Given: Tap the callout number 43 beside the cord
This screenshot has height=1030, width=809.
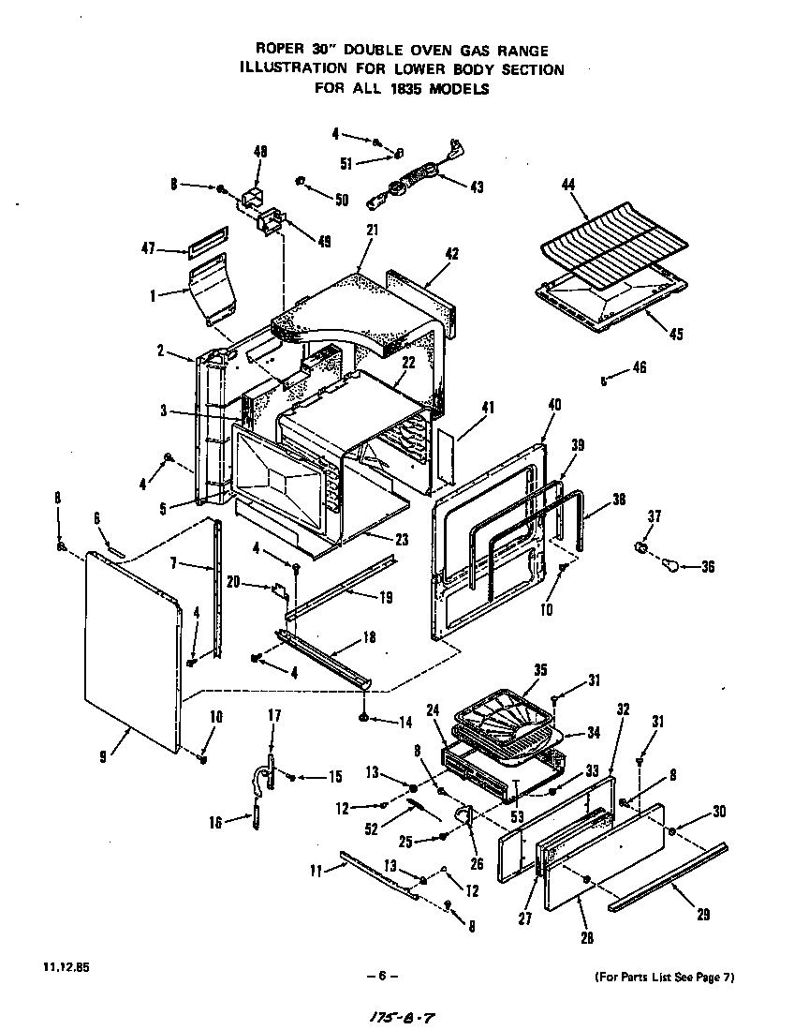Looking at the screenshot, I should click(477, 187).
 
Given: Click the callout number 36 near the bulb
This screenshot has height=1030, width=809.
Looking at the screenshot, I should click(708, 566).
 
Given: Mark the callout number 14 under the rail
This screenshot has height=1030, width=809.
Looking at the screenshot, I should click(406, 722).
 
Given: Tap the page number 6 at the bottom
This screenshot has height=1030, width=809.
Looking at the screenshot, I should click(382, 976).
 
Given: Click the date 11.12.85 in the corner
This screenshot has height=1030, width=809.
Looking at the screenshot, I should click(61, 965).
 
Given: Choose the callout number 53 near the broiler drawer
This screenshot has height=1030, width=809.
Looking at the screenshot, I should click(518, 816).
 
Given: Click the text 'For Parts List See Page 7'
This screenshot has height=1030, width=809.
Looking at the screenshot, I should click(665, 978).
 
